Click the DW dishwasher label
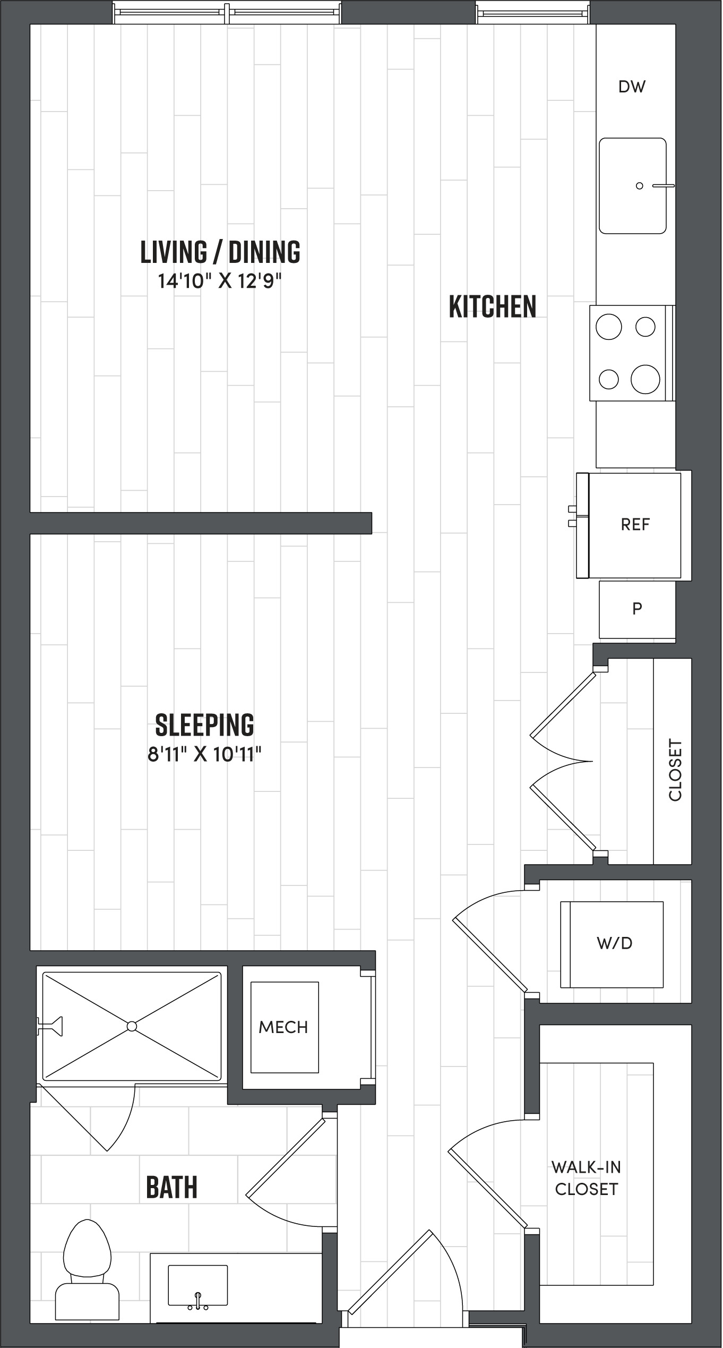pos(632,87)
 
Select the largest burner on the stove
pos(645,379)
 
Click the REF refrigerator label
pos(635,525)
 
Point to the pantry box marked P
pos(637,609)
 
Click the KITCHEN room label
pos(493,306)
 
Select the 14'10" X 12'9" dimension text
pos(219,280)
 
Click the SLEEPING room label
pos(204,724)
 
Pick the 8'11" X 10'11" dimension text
pos(204,754)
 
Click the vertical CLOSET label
pos(675,770)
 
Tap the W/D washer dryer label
pos(614,943)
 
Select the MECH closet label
pos(283,1027)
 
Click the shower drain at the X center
pos(132,1026)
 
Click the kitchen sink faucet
pos(662,185)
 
